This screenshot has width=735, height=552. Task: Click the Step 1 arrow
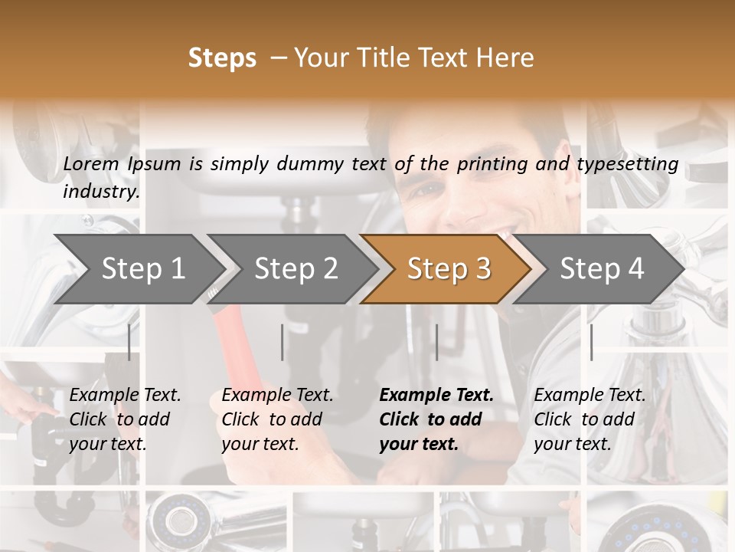(x=143, y=268)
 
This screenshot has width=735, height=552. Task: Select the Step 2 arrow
(x=296, y=268)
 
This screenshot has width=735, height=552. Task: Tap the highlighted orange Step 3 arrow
(x=449, y=268)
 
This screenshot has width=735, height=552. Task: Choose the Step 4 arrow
(x=602, y=268)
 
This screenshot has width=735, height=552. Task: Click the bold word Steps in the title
(x=222, y=58)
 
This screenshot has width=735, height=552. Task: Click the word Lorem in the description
(x=91, y=163)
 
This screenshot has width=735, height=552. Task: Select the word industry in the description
(x=101, y=191)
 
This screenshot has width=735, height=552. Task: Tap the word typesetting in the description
(x=635, y=163)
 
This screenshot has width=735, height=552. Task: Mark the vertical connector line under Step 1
(x=129, y=342)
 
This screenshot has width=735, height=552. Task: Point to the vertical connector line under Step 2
(x=283, y=342)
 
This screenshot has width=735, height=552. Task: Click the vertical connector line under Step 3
(x=436, y=342)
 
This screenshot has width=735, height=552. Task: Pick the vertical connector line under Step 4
(x=591, y=342)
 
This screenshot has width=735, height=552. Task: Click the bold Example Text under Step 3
(x=436, y=396)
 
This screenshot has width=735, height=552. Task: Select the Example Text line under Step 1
(x=125, y=396)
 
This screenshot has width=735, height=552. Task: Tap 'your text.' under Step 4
(x=572, y=444)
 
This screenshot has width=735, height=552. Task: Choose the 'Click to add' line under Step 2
(x=272, y=419)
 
